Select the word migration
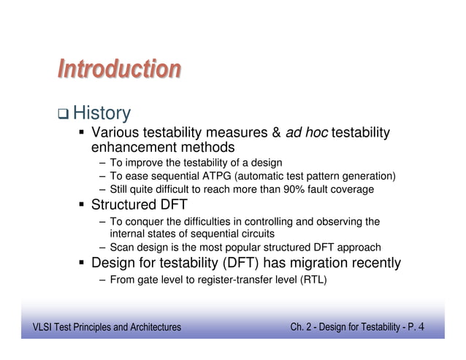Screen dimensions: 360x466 tap(320, 263)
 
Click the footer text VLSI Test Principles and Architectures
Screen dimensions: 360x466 tap(102, 326)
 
